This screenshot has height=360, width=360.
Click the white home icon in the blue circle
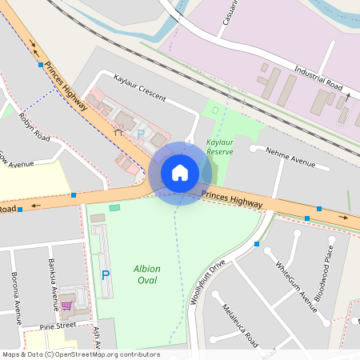[180, 172]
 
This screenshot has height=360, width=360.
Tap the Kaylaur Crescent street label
[140, 89]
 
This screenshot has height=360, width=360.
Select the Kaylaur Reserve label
[220, 146]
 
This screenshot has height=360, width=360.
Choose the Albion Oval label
[147, 274]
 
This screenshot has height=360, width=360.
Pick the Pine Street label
[60, 326]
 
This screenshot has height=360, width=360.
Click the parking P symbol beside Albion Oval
[106, 274]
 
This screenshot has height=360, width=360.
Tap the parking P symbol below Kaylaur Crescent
[142, 134]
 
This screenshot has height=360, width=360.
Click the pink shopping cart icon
[67, 305]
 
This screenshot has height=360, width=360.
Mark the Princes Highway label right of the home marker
[232, 200]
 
